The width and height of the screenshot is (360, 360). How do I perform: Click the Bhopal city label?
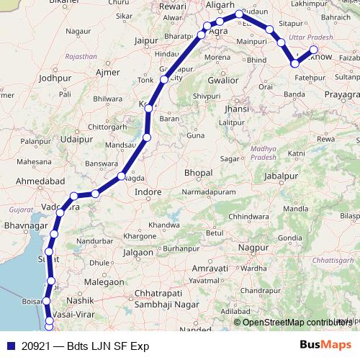tap(198, 174)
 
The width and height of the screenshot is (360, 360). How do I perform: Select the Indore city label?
tap(148, 192)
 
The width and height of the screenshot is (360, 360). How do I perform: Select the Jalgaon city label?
tap(137, 253)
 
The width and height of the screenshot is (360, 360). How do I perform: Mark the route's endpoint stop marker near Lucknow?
tap(313, 50)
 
